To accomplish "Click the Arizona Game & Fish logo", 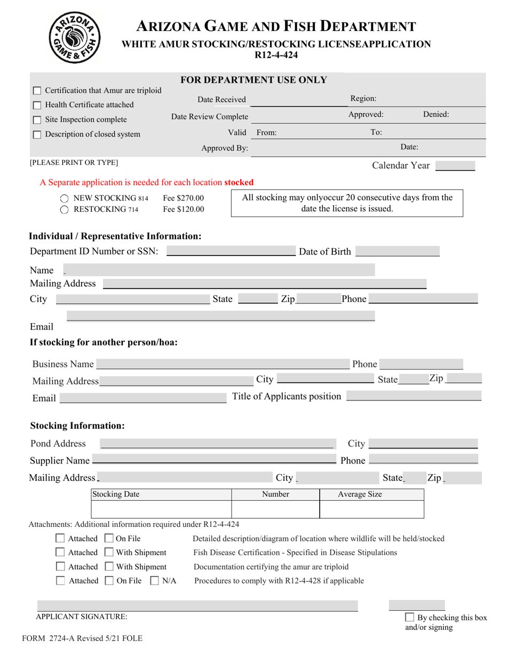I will point(76,36).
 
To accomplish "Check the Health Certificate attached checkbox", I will point(37,105).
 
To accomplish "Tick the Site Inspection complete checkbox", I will point(37,120).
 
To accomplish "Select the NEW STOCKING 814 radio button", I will point(64,198).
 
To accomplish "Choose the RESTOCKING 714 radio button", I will point(64,210).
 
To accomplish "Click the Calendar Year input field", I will point(455,166).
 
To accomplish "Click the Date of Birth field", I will point(397,252).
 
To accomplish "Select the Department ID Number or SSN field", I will point(231,252).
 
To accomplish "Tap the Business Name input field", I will point(223,364).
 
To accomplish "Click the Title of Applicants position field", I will point(414,396).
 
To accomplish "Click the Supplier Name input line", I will point(213,460).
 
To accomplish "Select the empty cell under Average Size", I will point(371,510).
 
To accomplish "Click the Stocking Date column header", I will point(116,494).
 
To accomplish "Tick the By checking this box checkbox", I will point(410,617).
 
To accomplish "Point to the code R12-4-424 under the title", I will point(276,55).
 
